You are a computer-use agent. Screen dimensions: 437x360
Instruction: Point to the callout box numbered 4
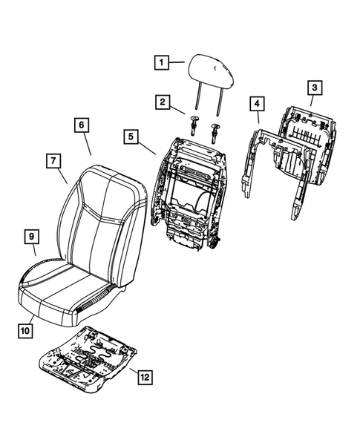[255, 103]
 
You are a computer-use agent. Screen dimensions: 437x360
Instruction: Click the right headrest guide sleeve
[217, 131]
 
